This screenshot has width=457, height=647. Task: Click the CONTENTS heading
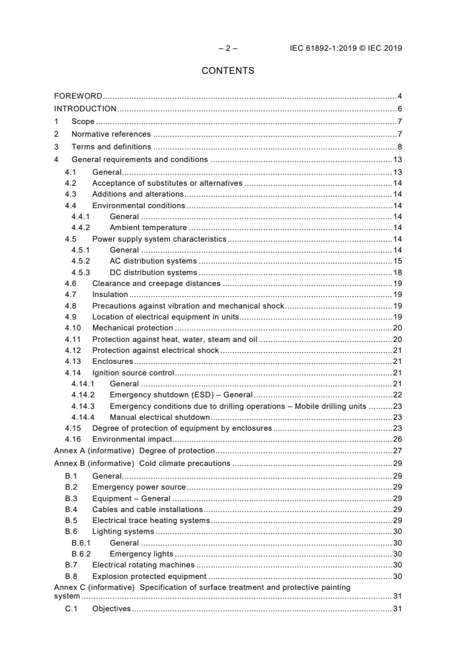point(228,71)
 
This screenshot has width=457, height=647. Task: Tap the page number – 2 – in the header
point(228,48)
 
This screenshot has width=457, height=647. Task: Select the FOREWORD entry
point(78,96)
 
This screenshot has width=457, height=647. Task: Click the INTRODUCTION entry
point(85,109)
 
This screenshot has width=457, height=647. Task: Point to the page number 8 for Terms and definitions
point(399,146)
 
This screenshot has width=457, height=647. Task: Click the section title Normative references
point(111,134)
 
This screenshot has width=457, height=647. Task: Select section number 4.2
point(70,183)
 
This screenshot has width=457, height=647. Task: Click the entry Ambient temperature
point(148,228)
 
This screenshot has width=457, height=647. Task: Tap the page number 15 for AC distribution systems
point(398,261)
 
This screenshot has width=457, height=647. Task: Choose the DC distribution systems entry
point(153,273)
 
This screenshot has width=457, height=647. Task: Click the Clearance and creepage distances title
point(156,284)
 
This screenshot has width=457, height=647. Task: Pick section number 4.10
point(72,328)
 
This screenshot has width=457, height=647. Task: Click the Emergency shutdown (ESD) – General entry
point(181,395)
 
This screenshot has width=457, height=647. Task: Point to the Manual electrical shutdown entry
point(160,417)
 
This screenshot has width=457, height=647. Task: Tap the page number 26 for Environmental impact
point(398,439)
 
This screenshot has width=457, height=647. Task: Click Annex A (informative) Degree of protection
point(134,451)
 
